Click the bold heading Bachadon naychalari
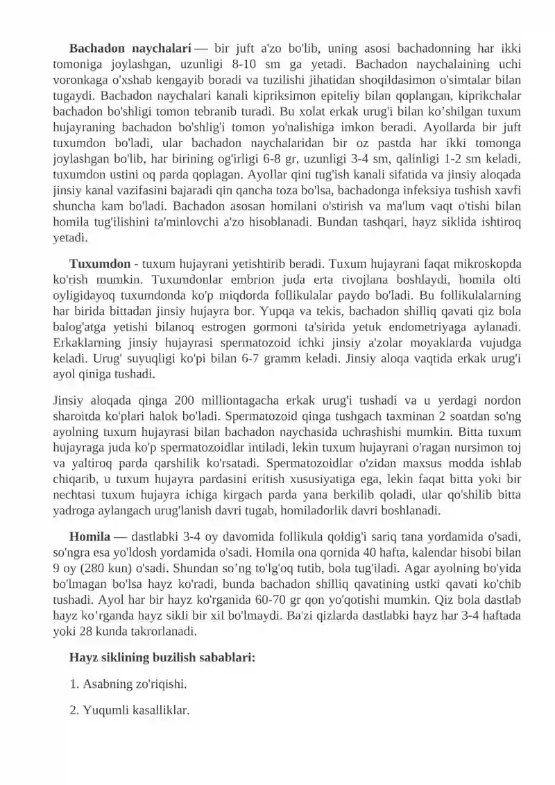[130, 49]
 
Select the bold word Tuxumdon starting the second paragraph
[100, 264]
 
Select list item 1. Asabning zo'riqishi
[128, 684]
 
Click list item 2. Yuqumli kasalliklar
[130, 710]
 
